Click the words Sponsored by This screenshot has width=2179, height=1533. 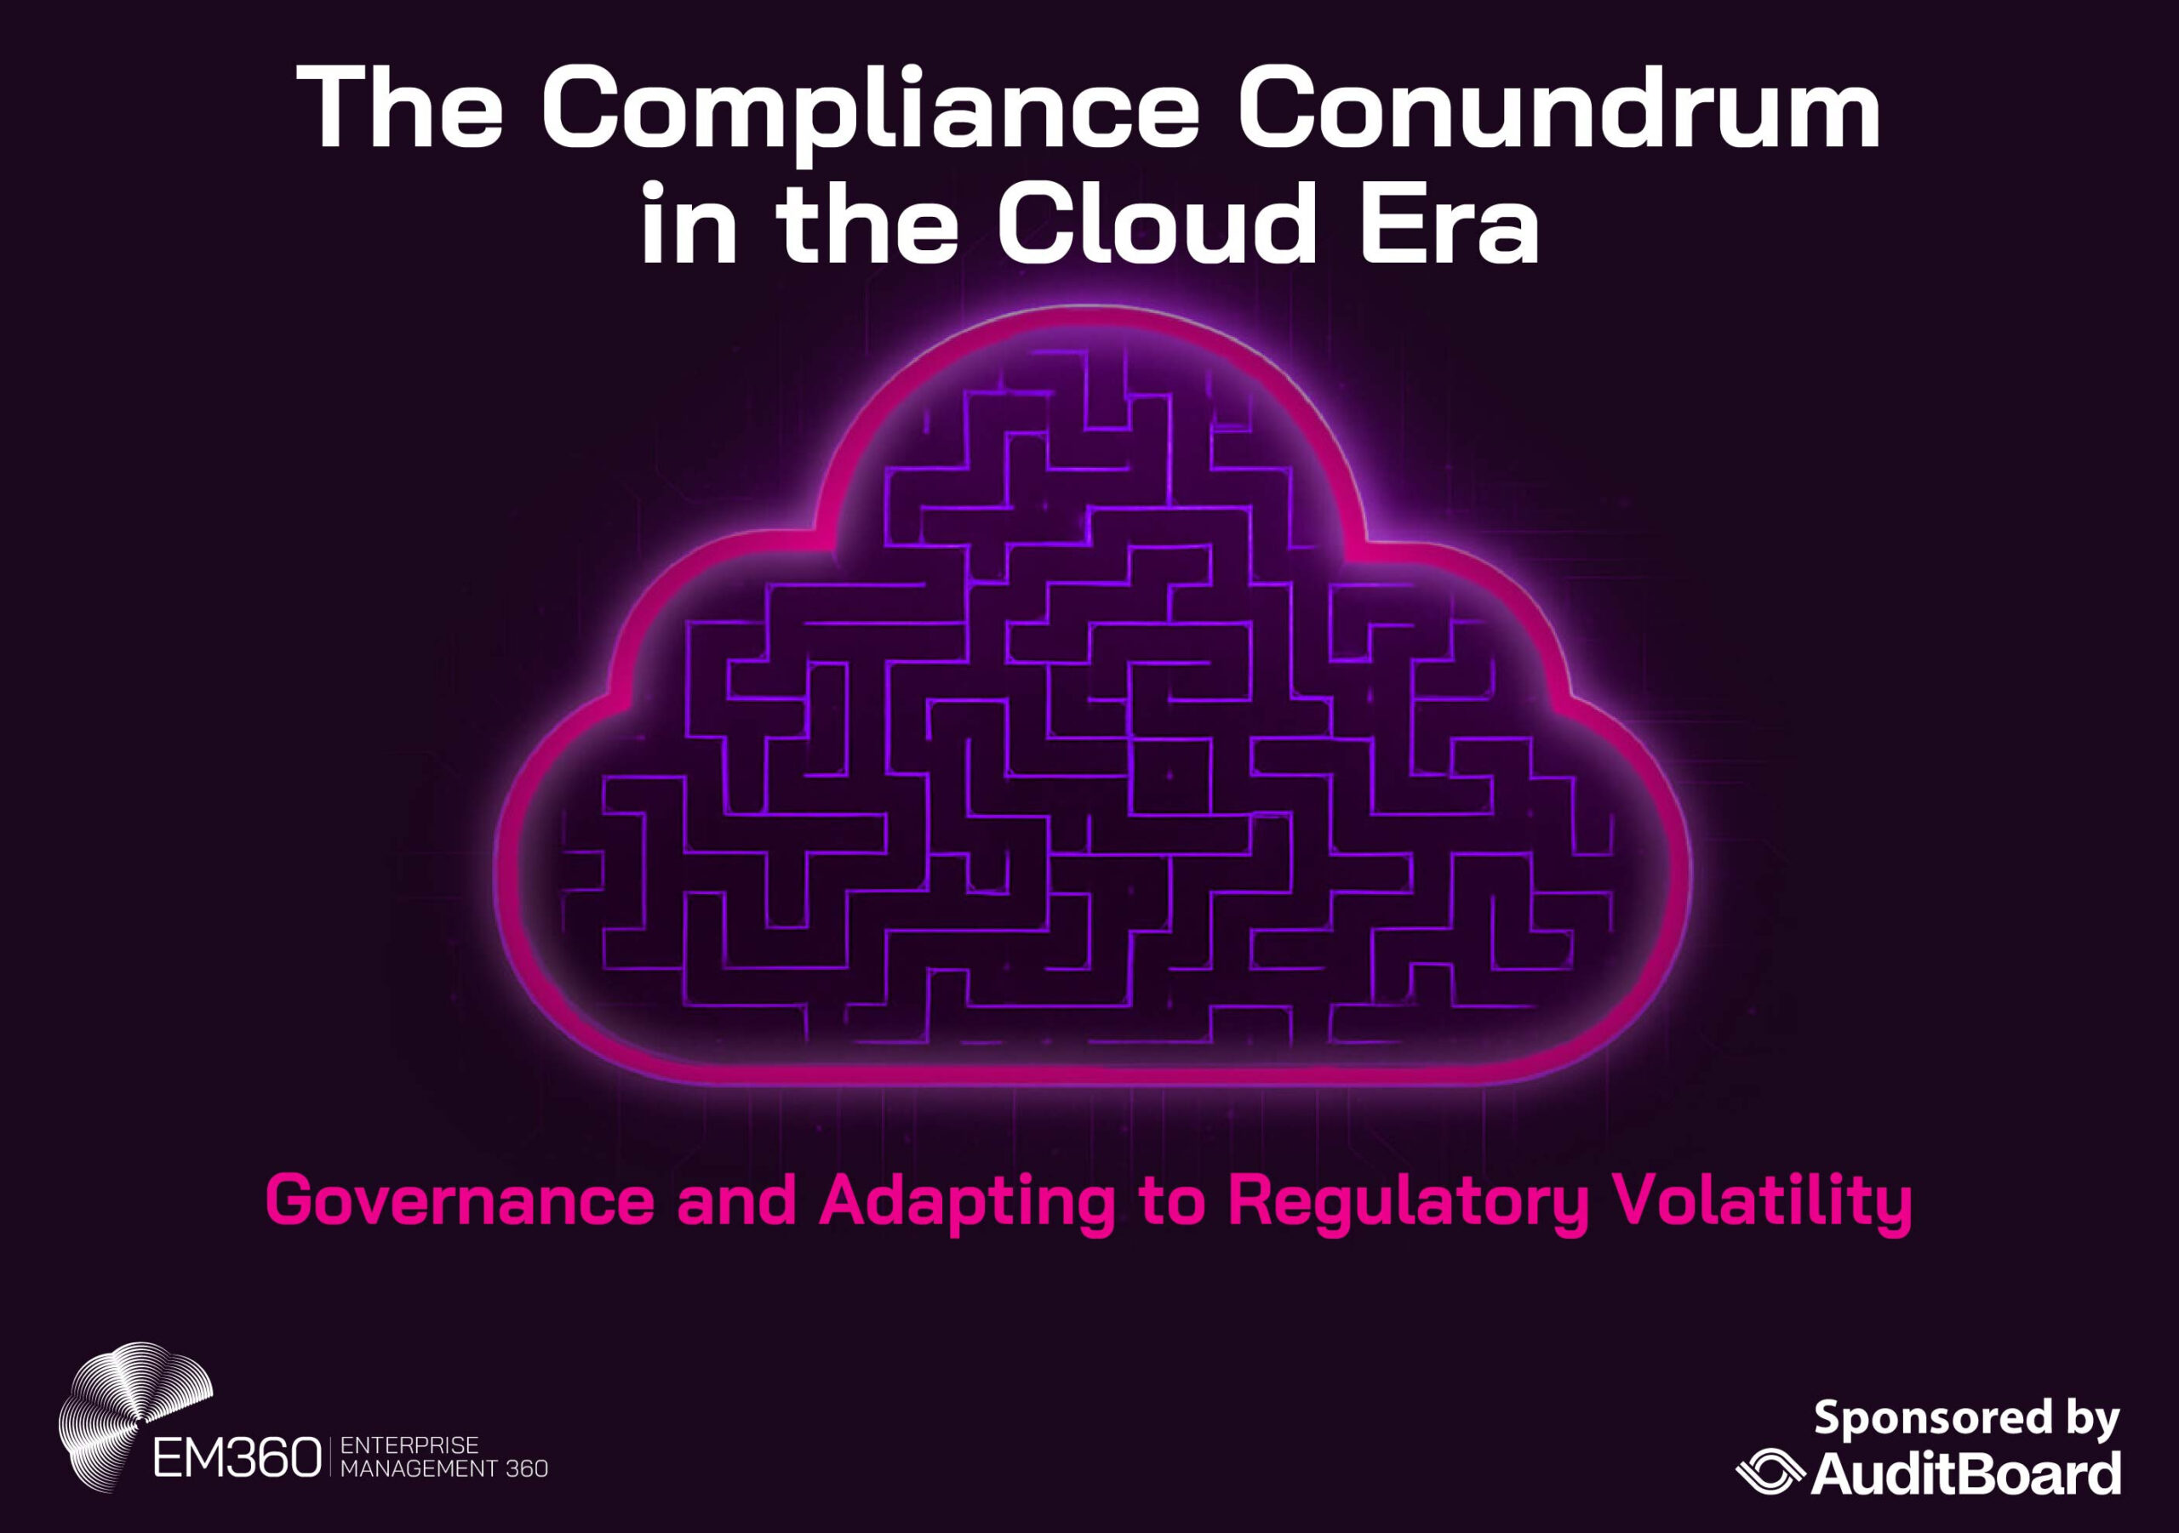[1966, 1419]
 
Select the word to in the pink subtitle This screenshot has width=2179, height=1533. [1171, 1202]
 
